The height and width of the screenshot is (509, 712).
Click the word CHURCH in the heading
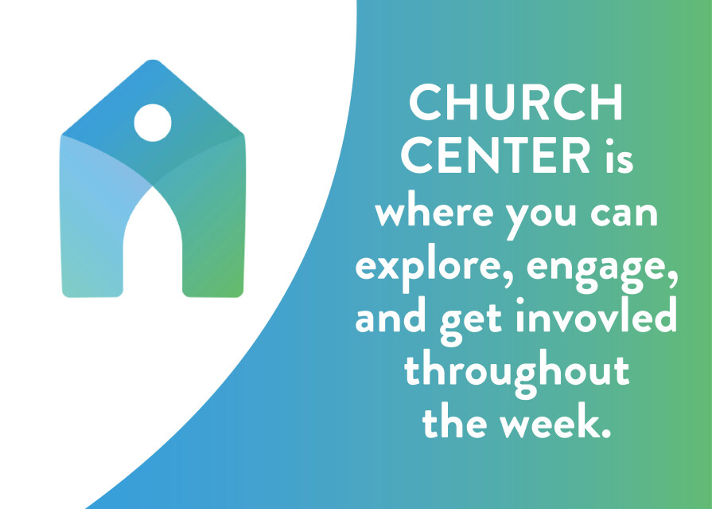(x=516, y=103)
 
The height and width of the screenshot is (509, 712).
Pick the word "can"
(x=624, y=213)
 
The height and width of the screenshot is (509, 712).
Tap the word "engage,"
(x=602, y=272)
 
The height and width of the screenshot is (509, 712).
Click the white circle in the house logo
(x=153, y=123)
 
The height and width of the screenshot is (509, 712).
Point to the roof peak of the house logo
(x=153, y=61)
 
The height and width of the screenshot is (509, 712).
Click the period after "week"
(x=605, y=433)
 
